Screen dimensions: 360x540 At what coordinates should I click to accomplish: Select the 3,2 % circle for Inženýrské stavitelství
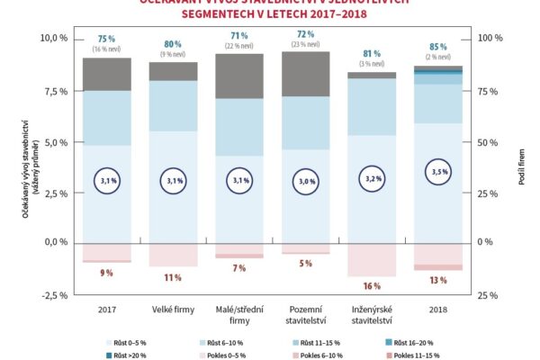(372, 179)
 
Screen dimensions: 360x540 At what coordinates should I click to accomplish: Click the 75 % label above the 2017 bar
(106, 39)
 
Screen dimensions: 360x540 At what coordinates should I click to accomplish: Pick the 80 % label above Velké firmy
(173, 43)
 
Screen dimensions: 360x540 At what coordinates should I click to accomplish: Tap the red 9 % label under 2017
(106, 272)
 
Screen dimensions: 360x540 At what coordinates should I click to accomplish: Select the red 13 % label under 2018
(438, 279)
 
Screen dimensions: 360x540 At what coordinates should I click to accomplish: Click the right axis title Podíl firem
(523, 167)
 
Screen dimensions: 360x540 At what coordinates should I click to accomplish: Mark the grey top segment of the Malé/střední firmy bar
(238, 76)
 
